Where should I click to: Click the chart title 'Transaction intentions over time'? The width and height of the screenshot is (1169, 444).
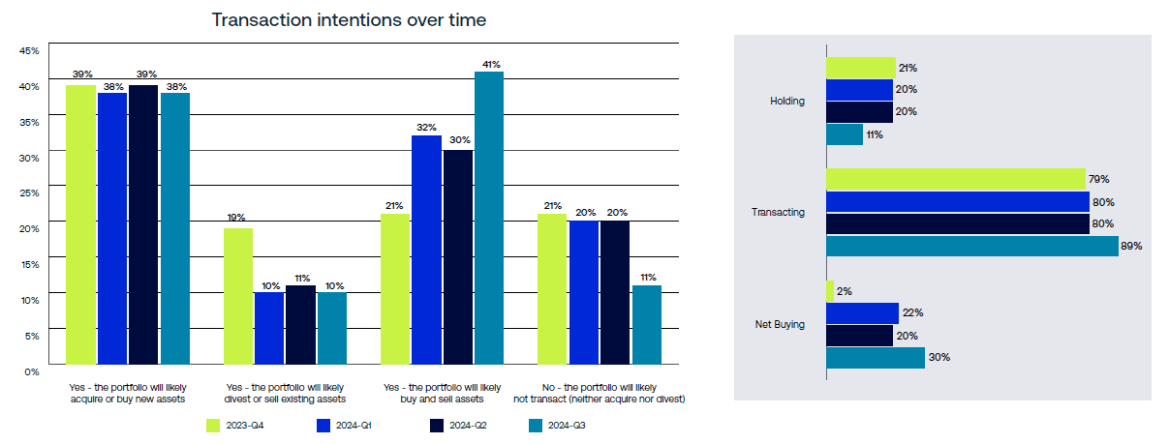coord(349,19)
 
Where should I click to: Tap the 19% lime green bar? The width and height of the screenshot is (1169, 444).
coord(238,299)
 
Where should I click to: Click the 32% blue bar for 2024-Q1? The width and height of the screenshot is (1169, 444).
coord(426,252)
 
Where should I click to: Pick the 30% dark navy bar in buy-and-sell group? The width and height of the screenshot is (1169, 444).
coord(458,260)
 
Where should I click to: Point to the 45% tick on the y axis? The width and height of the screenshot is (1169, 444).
coord(29,50)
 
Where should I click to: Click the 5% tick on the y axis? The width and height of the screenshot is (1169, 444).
coord(31,336)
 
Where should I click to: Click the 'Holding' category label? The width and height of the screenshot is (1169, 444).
coord(786,101)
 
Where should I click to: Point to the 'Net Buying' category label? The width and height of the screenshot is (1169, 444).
coord(781,324)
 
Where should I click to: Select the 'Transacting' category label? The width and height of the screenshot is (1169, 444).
coord(778,212)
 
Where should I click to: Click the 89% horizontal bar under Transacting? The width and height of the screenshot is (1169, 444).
coord(971,246)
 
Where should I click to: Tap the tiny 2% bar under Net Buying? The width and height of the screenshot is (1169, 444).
coord(830,290)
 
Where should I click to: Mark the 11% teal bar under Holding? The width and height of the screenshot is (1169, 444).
coord(845,134)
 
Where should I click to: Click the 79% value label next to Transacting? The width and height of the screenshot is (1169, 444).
coord(1098,179)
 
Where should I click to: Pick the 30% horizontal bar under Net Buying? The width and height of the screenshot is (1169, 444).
coord(876,358)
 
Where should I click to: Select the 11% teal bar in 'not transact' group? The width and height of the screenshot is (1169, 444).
coord(646,328)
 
